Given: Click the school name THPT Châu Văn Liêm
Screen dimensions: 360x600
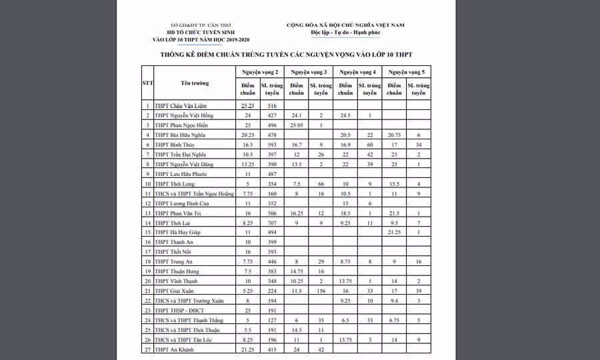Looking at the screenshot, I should click(x=177, y=106).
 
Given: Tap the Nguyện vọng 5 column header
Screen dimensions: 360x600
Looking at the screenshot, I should click(x=406, y=71).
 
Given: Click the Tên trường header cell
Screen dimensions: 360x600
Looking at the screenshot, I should click(x=195, y=83).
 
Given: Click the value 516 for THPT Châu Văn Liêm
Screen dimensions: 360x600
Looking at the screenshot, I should click(x=272, y=106).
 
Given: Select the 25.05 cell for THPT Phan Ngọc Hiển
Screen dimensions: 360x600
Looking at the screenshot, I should click(x=297, y=125).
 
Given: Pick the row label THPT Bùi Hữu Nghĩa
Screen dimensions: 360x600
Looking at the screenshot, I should click(x=179, y=135).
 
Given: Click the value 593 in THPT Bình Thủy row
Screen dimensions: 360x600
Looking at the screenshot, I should click(x=272, y=145).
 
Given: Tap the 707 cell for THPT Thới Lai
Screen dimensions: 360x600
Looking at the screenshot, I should click(x=272, y=223).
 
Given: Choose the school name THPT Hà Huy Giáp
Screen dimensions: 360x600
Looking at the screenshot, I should click(x=177, y=232).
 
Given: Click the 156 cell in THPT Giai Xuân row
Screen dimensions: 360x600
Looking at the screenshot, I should click(x=321, y=291).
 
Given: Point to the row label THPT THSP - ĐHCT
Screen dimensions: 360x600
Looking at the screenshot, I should click(x=179, y=311).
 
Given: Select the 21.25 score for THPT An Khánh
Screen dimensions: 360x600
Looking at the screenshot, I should click(x=248, y=349).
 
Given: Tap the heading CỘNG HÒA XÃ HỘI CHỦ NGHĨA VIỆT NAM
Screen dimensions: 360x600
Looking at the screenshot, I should click(x=345, y=25).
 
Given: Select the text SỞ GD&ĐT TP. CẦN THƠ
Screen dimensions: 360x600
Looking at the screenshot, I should click(x=194, y=25).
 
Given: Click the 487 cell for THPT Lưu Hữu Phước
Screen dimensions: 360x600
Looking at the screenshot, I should click(x=272, y=174).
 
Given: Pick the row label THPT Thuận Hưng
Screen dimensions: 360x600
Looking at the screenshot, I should click(x=176, y=271).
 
